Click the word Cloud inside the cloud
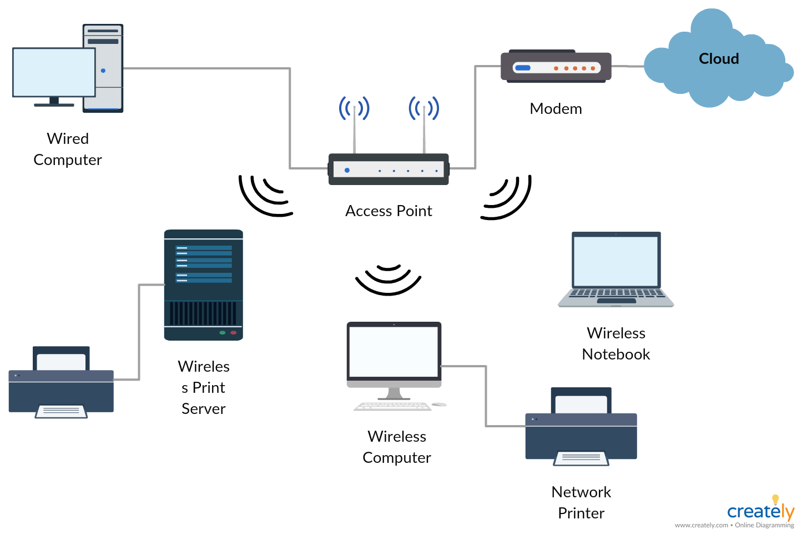pos(719,59)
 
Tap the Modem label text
pos(556,108)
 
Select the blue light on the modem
pos(523,68)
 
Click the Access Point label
pos(389,211)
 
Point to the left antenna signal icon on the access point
pos(354,108)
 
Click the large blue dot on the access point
pos(347,170)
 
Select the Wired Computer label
pos(68,149)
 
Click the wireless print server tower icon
pos(203,285)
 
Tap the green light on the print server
pos(223,333)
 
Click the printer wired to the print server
pos(61,382)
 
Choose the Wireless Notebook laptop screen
pos(616,261)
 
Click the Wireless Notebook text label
pos(616,344)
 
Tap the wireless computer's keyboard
pos(393,406)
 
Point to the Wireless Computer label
pos(397,447)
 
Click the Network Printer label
pos(581,502)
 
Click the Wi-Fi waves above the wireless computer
pos(388,280)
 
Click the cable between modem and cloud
pos(628,66)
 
